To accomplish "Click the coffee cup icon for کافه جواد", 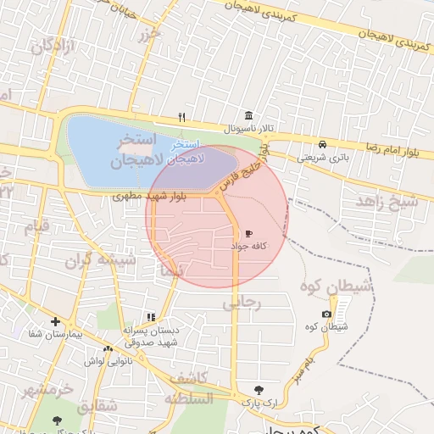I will click(x=249, y=232).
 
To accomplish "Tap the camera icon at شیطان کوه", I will click(x=327, y=314).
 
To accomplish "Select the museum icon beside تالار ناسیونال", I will click(x=248, y=115).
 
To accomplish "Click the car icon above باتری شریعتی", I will click(x=323, y=143).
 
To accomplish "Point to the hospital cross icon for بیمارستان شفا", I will click(x=55, y=322).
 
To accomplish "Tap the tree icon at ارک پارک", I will click(x=259, y=390).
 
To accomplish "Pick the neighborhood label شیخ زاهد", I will click(x=387, y=202).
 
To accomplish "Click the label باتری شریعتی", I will click(x=323, y=157).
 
